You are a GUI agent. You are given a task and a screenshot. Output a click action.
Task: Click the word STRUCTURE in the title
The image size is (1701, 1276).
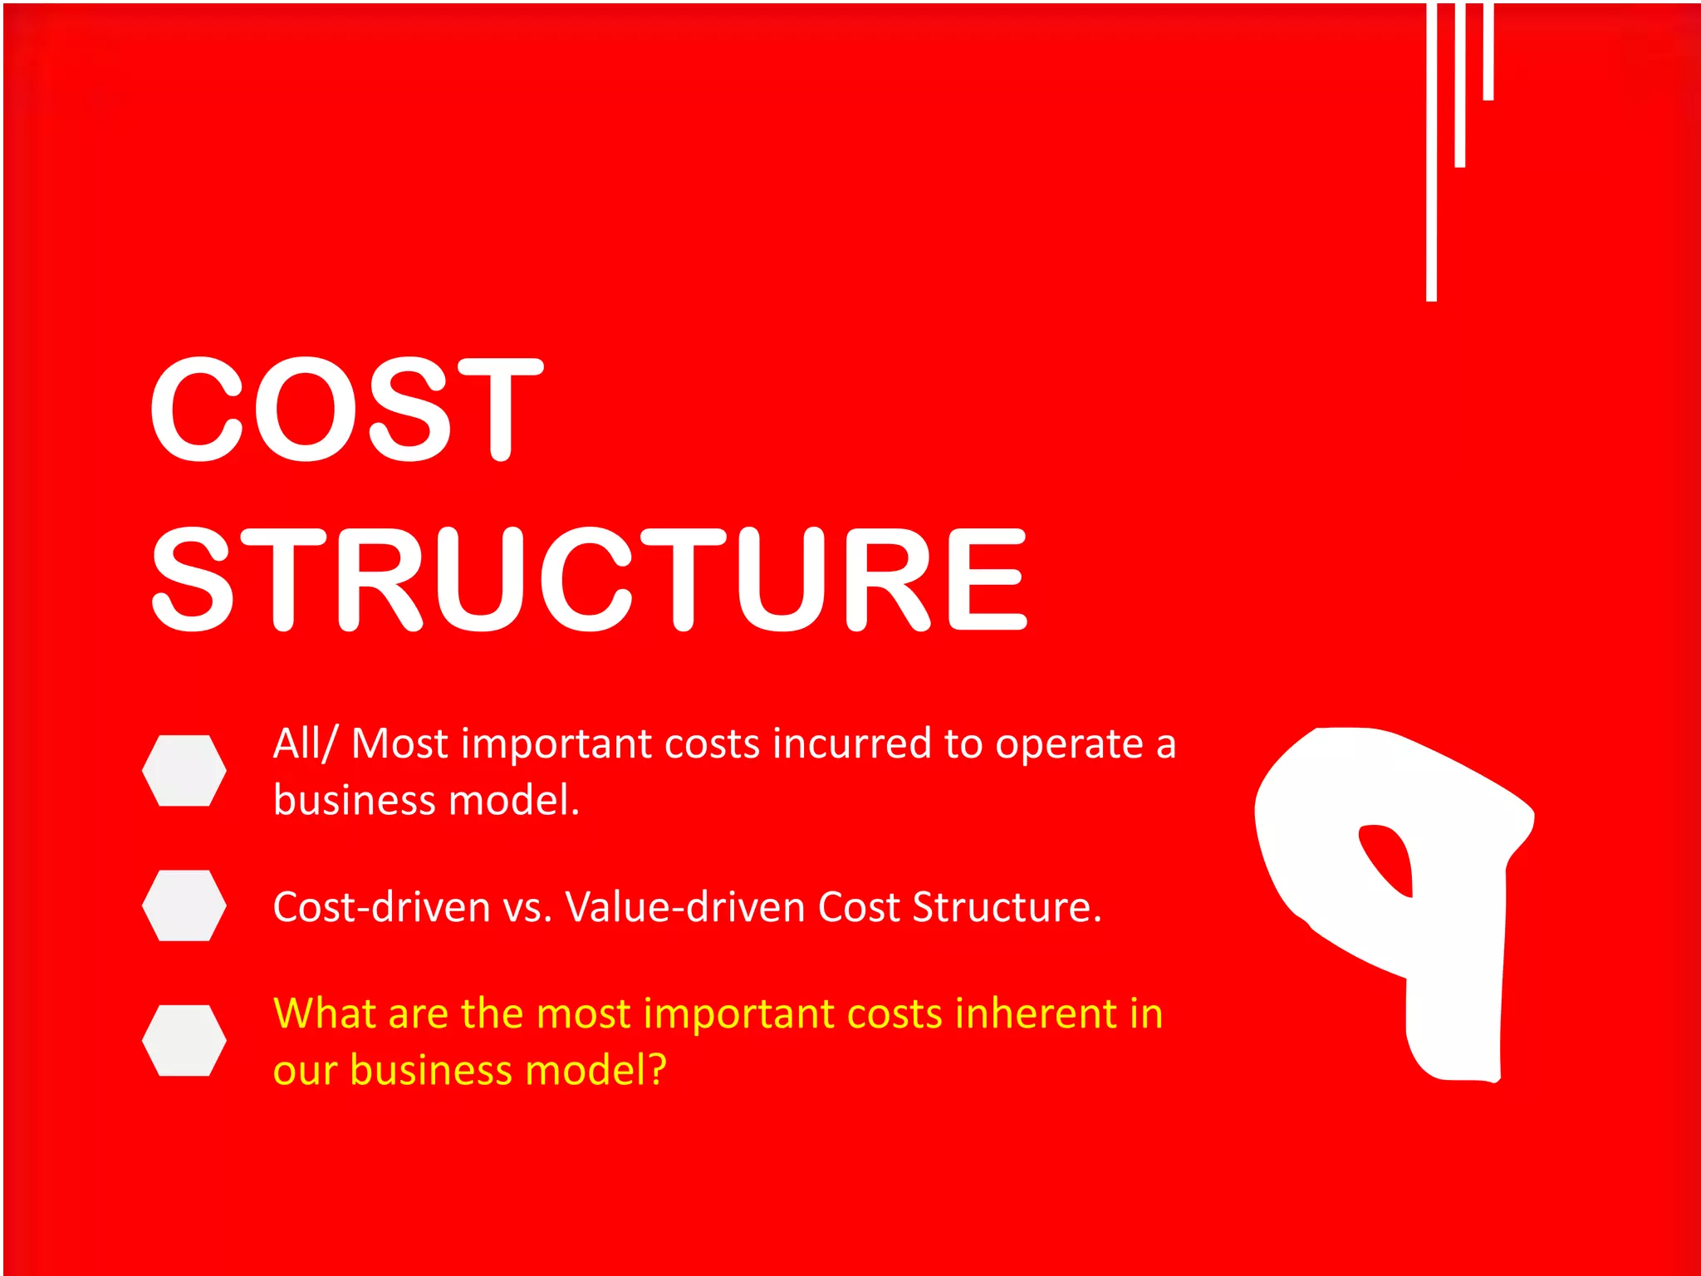click(590, 579)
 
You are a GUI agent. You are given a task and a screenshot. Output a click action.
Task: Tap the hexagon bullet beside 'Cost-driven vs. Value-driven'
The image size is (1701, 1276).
click(184, 905)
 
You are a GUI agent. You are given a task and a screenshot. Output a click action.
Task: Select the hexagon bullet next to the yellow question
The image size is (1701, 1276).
click(184, 1040)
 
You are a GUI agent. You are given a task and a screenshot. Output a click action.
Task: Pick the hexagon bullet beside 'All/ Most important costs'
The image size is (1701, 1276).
click(184, 770)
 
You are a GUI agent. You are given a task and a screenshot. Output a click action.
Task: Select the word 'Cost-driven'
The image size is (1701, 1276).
click(381, 906)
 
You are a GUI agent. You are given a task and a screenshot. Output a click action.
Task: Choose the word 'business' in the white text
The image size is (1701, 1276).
click(355, 800)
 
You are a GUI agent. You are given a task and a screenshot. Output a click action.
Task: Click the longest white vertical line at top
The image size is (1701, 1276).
click(1431, 150)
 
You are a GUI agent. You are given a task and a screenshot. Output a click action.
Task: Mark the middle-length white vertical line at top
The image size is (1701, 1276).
click(1459, 83)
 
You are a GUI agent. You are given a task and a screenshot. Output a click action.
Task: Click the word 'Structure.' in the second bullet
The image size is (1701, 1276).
click(1007, 906)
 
